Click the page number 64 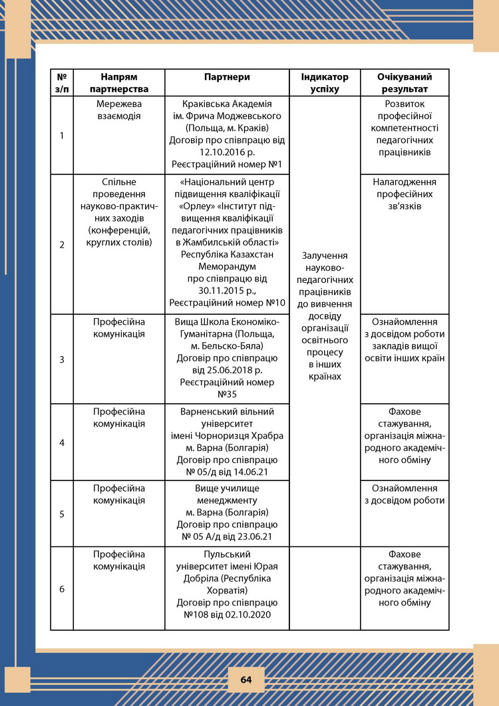246,679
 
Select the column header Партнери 227,77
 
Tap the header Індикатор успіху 325,83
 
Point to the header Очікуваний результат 405,83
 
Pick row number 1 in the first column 62,135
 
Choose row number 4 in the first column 62,442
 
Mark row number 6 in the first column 62,589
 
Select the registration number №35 227,395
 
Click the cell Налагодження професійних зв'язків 405,194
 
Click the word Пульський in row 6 227,554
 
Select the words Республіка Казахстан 227,254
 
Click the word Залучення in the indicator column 325,256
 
